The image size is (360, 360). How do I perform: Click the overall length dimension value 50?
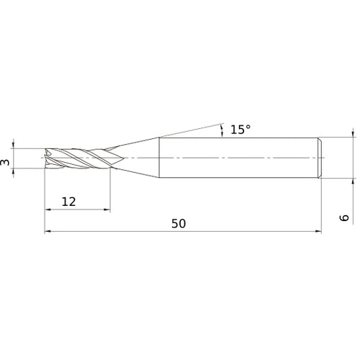tap(179, 223)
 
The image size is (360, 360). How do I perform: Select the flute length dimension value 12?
tap(68, 202)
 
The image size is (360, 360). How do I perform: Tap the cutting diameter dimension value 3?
tap(6, 163)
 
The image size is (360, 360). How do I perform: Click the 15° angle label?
tap(240, 130)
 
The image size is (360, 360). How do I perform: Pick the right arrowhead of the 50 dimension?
tap(317, 232)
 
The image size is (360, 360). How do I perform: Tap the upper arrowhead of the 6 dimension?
tap(352, 133)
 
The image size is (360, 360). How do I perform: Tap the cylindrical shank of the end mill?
tap(238, 158)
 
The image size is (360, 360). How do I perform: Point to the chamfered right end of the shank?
tap(319, 158)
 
